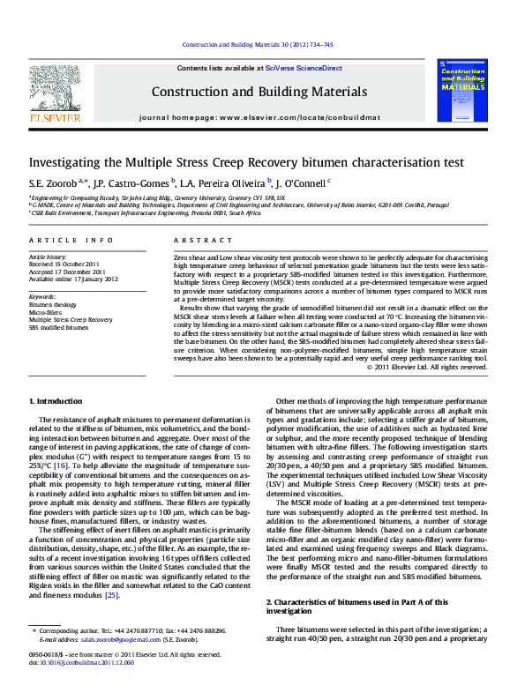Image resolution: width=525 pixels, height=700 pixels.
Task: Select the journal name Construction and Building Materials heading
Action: (x=259, y=92)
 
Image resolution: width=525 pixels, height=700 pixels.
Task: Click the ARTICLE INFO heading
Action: (x=71, y=240)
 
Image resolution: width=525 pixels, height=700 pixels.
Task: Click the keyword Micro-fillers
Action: (x=46, y=312)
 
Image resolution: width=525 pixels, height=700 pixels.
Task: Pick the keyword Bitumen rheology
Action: (x=52, y=305)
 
